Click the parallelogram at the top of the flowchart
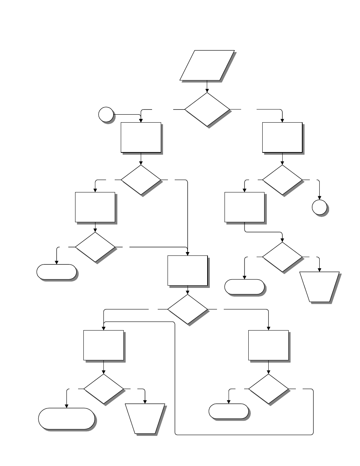pos(207,65)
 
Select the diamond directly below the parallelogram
pos(207,109)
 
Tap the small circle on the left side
pos(106,114)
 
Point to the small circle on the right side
pos(320,207)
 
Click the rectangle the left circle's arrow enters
pos(141,137)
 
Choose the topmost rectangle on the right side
pos(282,137)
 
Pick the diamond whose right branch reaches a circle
pos(282,180)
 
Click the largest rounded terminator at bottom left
pos(66,418)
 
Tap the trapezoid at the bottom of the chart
pos(145,418)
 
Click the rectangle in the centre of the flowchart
pos(188,271)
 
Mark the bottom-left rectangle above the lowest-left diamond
pos(103,345)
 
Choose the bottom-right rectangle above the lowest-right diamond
pos(268,345)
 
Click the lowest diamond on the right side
pos(268,389)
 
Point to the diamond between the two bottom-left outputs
pos(103,389)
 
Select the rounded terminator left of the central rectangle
pos(57,272)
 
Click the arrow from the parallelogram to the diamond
pos(207,86)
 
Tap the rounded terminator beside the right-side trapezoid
pos(244,287)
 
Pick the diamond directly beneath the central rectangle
pos(188,309)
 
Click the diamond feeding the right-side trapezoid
pos(282,257)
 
